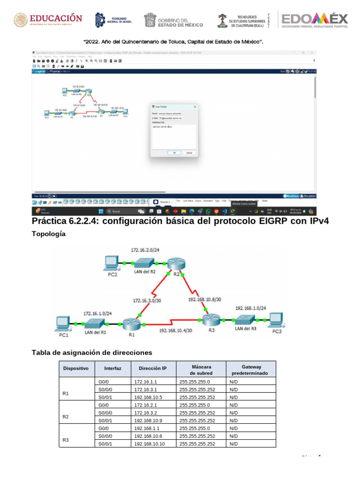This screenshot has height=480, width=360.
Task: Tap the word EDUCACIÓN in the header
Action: coord(56,18)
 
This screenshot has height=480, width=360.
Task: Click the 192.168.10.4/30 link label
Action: coord(176,330)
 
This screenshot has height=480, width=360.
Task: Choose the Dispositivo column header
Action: coord(76,369)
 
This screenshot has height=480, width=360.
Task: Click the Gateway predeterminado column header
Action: coord(251,369)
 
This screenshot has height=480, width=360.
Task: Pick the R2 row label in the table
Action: coord(66,416)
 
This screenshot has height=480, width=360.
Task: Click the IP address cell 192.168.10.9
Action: coord(148,421)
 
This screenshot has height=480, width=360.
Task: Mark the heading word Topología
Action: coord(48,234)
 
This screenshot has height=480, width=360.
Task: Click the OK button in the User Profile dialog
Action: coord(174,153)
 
